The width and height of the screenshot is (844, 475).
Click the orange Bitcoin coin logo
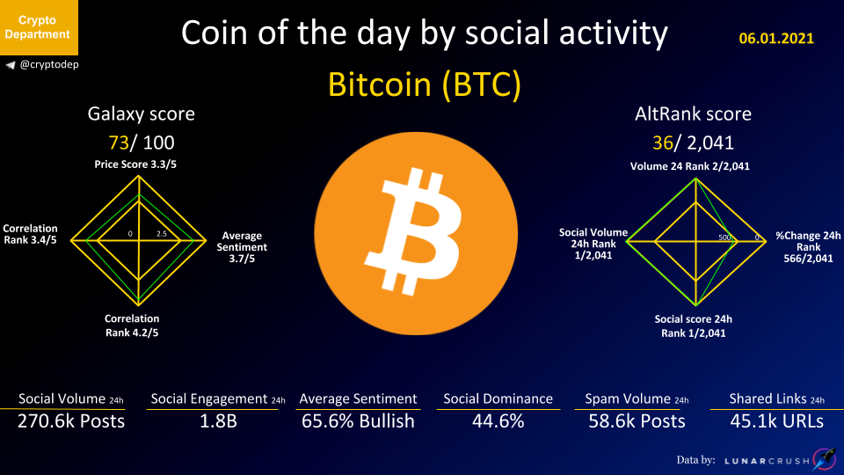[416, 233]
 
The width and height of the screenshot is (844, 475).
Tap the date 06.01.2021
[776, 38]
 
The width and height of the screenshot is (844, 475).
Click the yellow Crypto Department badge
[39, 27]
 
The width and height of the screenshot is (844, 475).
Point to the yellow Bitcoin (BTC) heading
[424, 84]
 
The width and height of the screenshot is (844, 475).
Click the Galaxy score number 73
[119, 142]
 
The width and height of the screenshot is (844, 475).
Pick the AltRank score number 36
[663, 142]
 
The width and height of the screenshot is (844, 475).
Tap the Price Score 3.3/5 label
[135, 164]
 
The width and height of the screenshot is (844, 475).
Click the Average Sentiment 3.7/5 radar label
[242, 247]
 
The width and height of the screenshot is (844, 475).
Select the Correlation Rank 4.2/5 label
[132, 325]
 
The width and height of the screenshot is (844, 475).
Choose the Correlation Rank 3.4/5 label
[30, 234]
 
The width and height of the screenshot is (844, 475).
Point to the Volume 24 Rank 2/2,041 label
[690, 166]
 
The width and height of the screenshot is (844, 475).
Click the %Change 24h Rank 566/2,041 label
[808, 247]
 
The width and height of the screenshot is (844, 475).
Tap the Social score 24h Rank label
[694, 325]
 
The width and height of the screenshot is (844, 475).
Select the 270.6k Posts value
[71, 421]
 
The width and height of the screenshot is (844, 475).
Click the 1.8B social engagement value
[218, 421]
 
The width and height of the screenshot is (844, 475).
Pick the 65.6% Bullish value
[358, 421]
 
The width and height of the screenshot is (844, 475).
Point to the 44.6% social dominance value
[498, 421]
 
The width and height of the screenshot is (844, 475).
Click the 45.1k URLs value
[776, 421]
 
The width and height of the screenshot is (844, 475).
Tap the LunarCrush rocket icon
[825, 459]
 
